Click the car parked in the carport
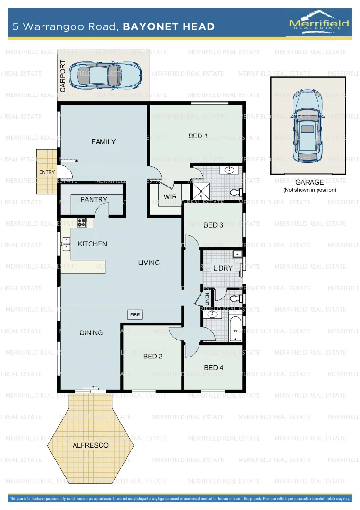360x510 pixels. click(x=105, y=75)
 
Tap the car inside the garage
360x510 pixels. click(x=308, y=125)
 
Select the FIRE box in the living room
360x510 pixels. click(x=135, y=314)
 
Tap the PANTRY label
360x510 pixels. click(x=93, y=200)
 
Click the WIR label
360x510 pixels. click(x=170, y=196)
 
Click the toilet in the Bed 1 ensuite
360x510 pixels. click(x=236, y=192)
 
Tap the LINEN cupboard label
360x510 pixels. click(x=207, y=299)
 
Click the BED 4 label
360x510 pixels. click(x=214, y=367)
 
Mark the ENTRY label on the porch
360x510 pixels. click(x=47, y=172)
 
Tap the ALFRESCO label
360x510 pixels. click(x=90, y=445)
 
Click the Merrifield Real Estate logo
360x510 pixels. click(x=319, y=24)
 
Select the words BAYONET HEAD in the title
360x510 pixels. click(x=168, y=27)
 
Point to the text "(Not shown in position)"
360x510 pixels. click(x=310, y=190)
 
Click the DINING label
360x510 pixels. click(x=91, y=332)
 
